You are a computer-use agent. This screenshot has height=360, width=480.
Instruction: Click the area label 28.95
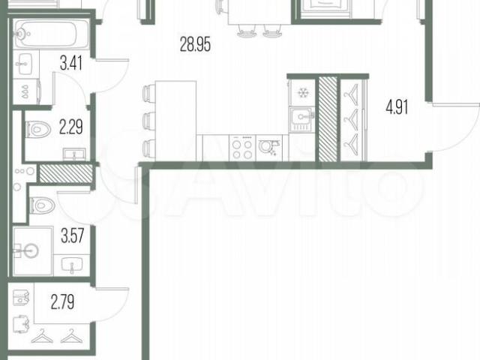point(195,44)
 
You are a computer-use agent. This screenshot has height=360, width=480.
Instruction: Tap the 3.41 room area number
point(71,63)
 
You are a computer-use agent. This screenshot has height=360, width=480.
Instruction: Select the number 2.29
point(71,127)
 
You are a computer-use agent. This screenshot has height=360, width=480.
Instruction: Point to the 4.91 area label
point(397,107)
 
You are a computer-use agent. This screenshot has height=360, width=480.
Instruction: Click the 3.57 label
point(72,236)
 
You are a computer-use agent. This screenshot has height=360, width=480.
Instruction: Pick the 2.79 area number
point(62,302)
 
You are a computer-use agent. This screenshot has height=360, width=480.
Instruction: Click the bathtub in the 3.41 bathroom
point(52,34)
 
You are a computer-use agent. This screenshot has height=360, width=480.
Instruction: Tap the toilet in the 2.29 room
point(38,130)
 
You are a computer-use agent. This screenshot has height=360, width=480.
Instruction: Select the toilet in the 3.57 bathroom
point(42,205)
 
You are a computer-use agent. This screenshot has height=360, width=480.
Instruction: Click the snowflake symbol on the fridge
point(303,92)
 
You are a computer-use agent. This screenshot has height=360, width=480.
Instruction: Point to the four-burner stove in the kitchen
point(242,148)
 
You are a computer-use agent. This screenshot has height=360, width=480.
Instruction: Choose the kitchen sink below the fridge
point(301,119)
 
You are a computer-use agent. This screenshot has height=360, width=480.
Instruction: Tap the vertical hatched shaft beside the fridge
point(328,119)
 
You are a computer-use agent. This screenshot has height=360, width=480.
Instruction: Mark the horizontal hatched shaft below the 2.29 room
point(66,173)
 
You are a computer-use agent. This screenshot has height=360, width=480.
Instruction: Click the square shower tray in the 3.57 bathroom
point(33,251)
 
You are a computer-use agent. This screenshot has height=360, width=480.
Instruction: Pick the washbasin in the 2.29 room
point(74,154)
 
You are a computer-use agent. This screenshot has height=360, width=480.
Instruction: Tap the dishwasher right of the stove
point(269,148)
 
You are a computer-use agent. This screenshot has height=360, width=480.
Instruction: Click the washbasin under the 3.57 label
point(72,265)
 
